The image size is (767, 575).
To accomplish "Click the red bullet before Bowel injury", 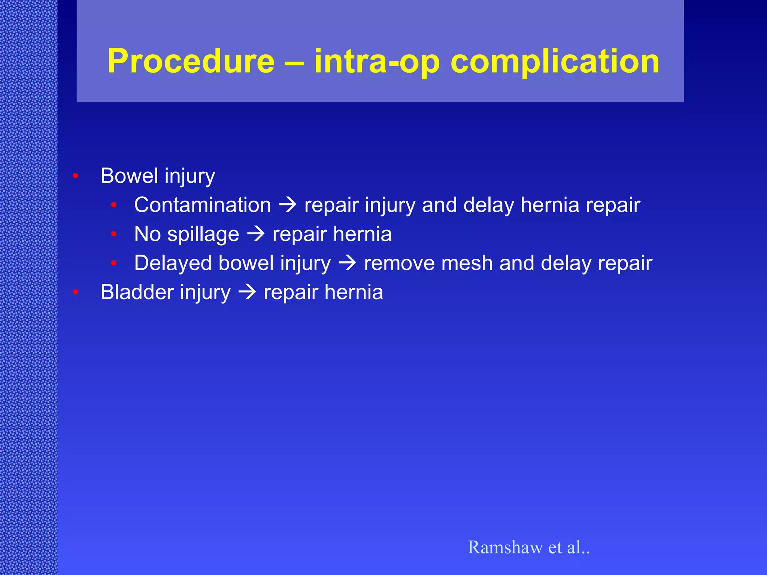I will [75, 176].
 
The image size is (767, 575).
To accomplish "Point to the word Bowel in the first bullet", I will [129, 176].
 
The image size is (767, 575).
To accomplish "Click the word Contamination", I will [202, 205].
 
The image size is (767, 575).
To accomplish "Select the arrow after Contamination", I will [288, 205].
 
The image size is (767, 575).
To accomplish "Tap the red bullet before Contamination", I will [114, 205].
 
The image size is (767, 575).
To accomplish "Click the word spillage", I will [203, 234].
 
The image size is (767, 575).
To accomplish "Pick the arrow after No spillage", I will [256, 234].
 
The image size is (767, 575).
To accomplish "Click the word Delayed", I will [173, 263].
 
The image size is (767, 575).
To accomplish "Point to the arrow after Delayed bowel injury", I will [347, 263].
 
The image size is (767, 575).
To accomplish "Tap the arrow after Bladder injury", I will [247, 292].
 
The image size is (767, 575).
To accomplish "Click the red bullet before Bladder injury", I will [75, 292].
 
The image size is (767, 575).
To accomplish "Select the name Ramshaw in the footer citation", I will [505, 547].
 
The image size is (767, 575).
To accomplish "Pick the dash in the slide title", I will [294, 62].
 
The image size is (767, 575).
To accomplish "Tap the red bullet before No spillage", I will [114, 234].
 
